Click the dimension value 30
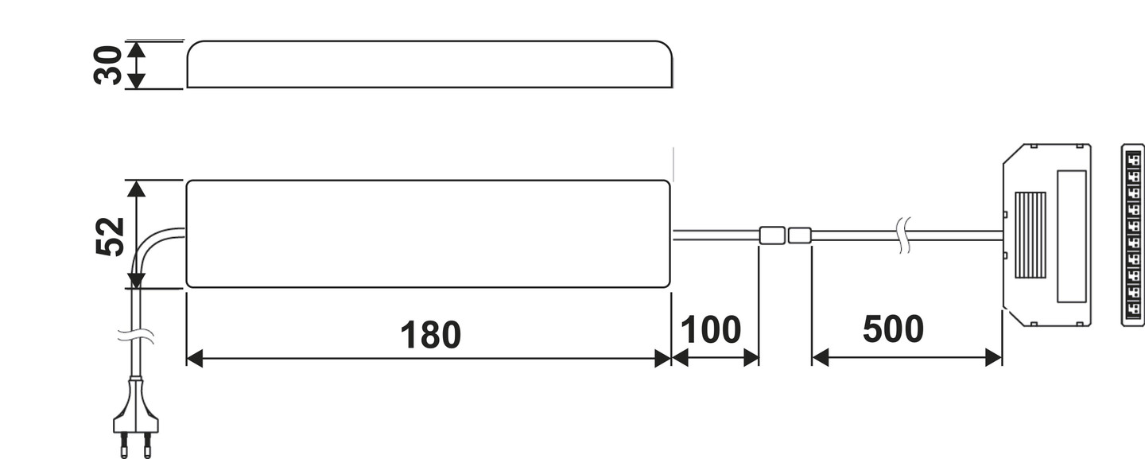pyautogui.click(x=108, y=64)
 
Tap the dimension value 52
pyautogui.click(x=111, y=235)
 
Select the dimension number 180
pyautogui.click(x=430, y=335)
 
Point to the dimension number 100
pyautogui.click(x=711, y=330)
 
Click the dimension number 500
pyautogui.click(x=893, y=329)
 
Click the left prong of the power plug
pyautogui.click(x=123, y=446)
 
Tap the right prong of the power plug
pyautogui.click(x=147, y=446)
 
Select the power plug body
pyautogui.click(x=135, y=410)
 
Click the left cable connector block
pyautogui.click(x=771, y=235)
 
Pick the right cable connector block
pyautogui.click(x=799, y=235)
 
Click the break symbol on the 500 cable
pyautogui.click(x=903, y=235)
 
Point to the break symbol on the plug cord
pyautogui.click(x=136, y=336)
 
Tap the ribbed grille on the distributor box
pyautogui.click(x=1030, y=235)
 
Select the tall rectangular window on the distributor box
pyautogui.click(x=1071, y=236)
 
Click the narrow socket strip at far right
pyautogui.click(x=1132, y=235)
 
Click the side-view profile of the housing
pyautogui.click(x=429, y=64)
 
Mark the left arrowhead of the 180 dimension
pyautogui.click(x=193, y=359)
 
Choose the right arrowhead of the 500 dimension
pyautogui.click(x=994, y=358)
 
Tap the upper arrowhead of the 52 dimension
pyautogui.click(x=137, y=188)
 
